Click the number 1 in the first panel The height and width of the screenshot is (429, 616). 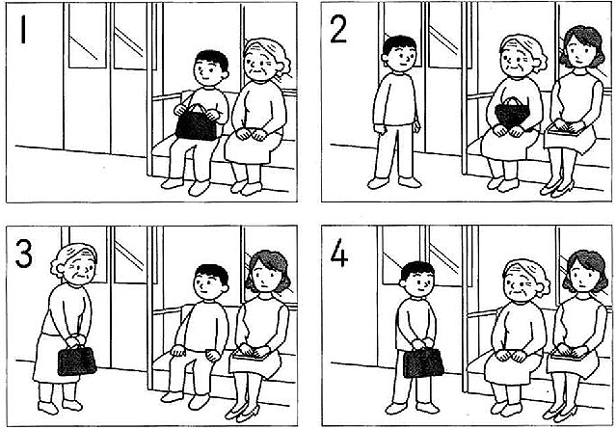coord(23,30)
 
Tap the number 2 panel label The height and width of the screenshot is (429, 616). coord(338,30)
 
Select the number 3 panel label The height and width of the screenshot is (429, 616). coord(24,254)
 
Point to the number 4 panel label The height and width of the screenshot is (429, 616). coord(339,254)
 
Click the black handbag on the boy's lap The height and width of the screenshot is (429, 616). coord(196,123)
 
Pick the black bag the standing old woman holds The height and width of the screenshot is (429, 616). coord(77,360)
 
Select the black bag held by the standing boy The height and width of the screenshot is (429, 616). coord(423,362)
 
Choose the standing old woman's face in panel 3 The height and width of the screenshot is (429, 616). coord(80,269)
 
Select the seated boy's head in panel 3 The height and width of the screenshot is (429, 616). coord(211,282)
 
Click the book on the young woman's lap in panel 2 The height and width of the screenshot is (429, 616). coord(564,131)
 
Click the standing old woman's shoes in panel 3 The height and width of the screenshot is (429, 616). coord(60,406)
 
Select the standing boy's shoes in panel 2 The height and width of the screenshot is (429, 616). coord(394,182)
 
